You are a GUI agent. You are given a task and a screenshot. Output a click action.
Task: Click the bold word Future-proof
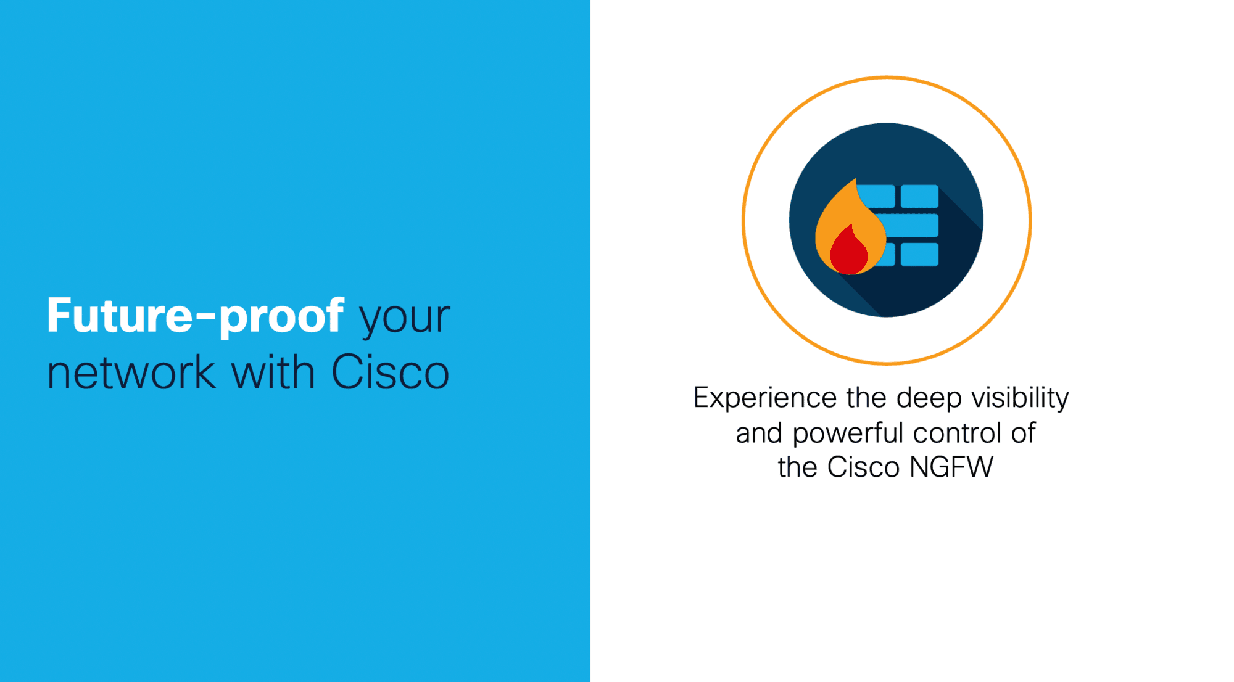195,316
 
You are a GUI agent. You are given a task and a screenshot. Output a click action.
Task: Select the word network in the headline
131,372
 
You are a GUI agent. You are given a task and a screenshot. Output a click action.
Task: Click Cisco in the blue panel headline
391,372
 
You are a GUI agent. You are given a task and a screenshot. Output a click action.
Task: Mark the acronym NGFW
951,467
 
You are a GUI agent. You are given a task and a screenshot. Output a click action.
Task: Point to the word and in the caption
759,433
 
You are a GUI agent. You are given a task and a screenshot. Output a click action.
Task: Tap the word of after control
1023,433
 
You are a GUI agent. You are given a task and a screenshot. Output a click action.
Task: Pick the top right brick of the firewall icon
919,196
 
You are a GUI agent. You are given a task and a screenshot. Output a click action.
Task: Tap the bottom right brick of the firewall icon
919,254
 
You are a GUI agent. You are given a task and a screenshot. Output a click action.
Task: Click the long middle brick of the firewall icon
907,225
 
